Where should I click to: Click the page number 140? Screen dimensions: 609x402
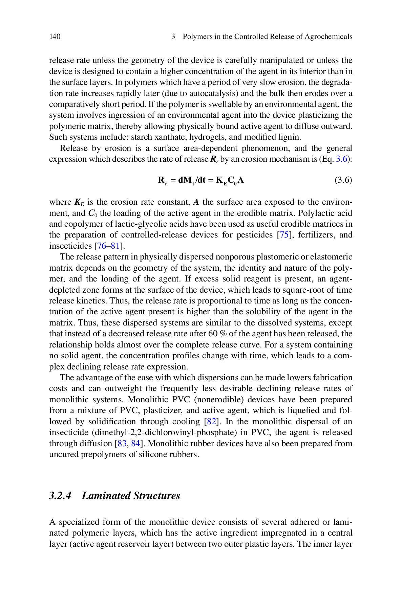tap(55, 37)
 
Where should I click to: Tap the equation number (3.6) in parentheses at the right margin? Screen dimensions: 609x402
tap(343, 180)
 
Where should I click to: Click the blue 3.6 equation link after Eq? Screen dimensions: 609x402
tap(341, 159)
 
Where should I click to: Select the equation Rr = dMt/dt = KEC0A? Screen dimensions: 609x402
tap(201, 180)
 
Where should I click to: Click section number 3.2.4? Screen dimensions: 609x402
tap(60, 496)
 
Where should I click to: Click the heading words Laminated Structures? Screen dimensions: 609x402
tap(131, 496)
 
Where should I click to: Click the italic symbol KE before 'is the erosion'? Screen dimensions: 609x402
tap(79, 203)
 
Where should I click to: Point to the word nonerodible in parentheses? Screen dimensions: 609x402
tap(219, 400)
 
